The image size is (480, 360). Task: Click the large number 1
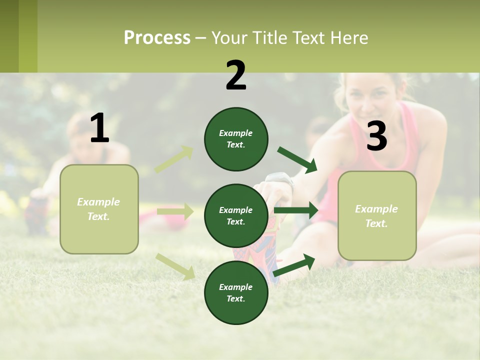point(99,128)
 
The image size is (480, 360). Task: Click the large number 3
point(376,136)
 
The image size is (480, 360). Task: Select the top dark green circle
point(236,139)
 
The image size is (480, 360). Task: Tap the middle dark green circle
point(236,215)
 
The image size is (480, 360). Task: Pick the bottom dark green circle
point(236,292)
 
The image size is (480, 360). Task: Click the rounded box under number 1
point(99,209)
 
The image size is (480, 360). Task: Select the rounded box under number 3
point(377,215)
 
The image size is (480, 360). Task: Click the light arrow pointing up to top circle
point(174,159)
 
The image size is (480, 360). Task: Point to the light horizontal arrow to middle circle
point(175,211)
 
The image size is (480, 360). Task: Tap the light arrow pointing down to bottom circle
point(175,266)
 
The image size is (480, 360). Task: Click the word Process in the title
point(157,37)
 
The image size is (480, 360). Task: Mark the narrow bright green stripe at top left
point(28,36)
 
